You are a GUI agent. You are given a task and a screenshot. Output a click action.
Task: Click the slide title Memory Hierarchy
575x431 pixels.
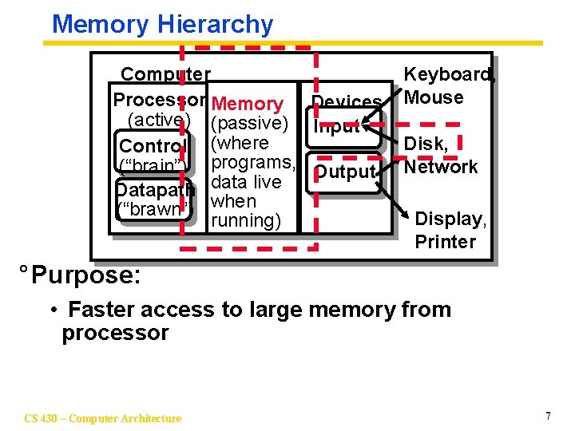coord(162,24)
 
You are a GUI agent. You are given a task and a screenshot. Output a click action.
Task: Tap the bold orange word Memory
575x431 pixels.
coord(248,104)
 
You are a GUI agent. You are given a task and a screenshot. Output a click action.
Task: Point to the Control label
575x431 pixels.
coord(153,146)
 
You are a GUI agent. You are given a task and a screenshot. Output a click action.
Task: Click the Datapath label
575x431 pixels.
coord(154,190)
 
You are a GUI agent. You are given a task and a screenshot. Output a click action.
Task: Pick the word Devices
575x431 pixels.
coord(347,102)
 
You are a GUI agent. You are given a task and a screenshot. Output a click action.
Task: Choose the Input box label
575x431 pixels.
coord(338,126)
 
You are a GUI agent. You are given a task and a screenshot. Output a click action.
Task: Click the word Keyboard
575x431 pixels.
coord(448,75)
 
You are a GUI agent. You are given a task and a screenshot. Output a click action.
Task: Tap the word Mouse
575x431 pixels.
coord(434,97)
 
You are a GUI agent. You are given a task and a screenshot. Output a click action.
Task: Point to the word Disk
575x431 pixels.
coord(426,144)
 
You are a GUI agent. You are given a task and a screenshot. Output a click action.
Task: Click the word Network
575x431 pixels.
coord(441,167)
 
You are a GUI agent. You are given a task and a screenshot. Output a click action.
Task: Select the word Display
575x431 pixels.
coord(449,219)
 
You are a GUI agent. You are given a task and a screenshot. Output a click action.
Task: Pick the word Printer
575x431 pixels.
coord(445,241)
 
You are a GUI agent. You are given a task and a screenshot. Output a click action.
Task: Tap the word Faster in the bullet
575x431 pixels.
coord(101,309)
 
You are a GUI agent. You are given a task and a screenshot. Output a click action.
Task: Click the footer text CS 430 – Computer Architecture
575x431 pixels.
coord(103,417)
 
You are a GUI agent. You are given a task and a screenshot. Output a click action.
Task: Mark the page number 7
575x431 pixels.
coord(548,417)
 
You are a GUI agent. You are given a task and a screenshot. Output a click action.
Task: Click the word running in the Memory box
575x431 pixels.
coord(244,220)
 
